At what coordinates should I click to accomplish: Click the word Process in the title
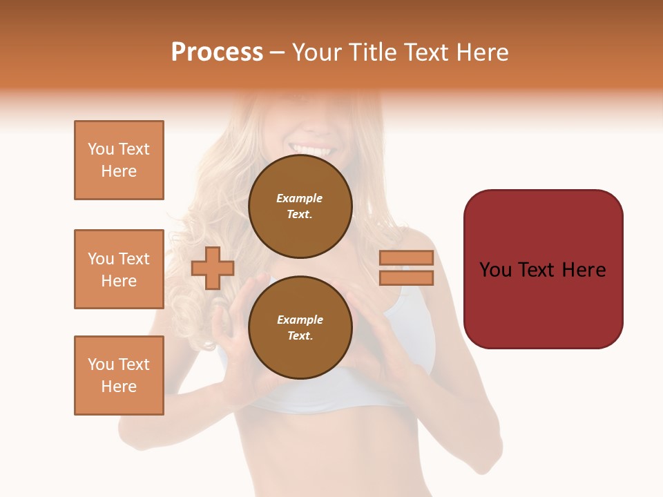coord(217,52)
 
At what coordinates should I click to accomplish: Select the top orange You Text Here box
coord(119,160)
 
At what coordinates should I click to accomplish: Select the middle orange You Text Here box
coord(119,269)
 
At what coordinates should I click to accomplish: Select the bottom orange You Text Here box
coord(119,376)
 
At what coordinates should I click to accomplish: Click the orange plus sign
coord(213,268)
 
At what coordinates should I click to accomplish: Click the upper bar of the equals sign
coord(406,258)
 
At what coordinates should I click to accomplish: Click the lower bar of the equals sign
coord(406,278)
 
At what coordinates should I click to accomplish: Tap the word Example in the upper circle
coord(299,198)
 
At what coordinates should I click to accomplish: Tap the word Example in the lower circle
coord(300,320)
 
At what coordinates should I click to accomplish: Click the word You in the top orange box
coord(101,149)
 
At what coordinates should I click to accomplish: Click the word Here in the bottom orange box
coord(119,387)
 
